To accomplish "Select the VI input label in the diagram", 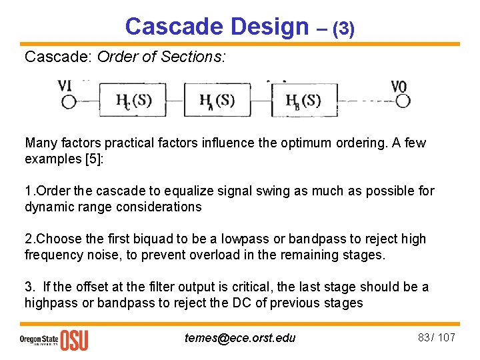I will click(x=65, y=86).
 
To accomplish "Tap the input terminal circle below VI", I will click(x=69, y=101).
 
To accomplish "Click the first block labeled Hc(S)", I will click(x=133, y=101).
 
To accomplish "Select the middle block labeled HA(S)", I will click(x=217, y=101).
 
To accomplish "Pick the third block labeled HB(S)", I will click(x=303, y=101).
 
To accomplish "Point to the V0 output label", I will click(x=399, y=87).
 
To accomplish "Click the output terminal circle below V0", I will click(x=402, y=101).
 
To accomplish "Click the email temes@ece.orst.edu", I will click(x=240, y=337).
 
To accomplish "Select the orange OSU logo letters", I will click(x=74, y=339).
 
